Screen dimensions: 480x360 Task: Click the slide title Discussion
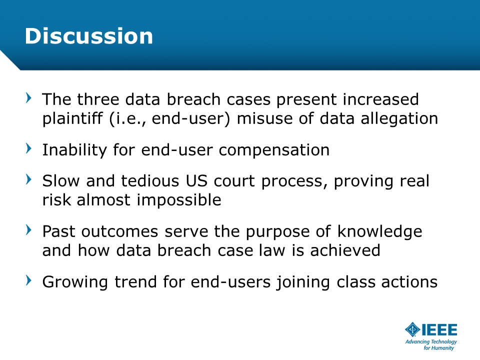[x=89, y=36]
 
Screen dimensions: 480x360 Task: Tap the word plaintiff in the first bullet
[x=72, y=119]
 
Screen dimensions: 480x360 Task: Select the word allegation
[x=399, y=119]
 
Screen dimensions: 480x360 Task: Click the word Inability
[x=74, y=150]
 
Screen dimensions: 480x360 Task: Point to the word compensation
[x=274, y=150]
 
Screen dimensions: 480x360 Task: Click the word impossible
[x=179, y=200]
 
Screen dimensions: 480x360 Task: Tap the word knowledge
[x=379, y=231]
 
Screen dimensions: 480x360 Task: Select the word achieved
[x=345, y=250]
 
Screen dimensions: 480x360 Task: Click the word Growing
[x=75, y=282]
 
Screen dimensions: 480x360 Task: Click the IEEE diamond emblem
[x=412, y=329]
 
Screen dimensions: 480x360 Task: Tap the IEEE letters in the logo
[x=439, y=329]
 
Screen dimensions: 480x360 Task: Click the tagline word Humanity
[x=442, y=348]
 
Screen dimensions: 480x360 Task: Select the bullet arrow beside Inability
[x=28, y=148]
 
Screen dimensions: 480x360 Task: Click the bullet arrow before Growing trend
[x=28, y=280]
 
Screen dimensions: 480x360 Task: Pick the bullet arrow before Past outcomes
[x=28, y=229]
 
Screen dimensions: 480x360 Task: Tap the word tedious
[x=150, y=181]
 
